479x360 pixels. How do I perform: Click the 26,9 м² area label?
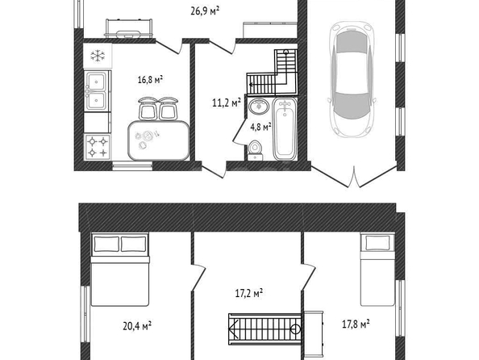pos(205,11)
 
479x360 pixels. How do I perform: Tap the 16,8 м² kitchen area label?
pos(150,80)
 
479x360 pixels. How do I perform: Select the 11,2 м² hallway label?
pos(227,103)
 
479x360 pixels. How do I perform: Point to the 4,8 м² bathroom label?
pos(261,126)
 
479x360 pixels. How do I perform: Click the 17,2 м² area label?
pos(249,293)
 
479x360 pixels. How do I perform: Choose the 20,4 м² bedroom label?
pos(137,326)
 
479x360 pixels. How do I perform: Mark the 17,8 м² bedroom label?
pos(356,324)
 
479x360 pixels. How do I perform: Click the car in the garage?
pos(352,80)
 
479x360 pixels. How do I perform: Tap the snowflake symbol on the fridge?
pos(98,56)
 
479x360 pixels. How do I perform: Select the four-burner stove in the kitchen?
pos(98,147)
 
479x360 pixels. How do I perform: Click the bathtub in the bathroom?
pos(285,129)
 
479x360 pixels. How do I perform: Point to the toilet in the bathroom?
pos(255,150)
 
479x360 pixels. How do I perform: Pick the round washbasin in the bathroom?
pos(259,106)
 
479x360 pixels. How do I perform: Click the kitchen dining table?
pos(159,140)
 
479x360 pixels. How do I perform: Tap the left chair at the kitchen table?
pos(148,109)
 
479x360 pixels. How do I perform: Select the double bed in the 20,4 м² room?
pos(120,270)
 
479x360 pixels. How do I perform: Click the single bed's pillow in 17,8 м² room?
pos(377,242)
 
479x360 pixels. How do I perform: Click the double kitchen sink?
pos(97,90)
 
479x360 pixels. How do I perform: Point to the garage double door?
pos(354,177)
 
